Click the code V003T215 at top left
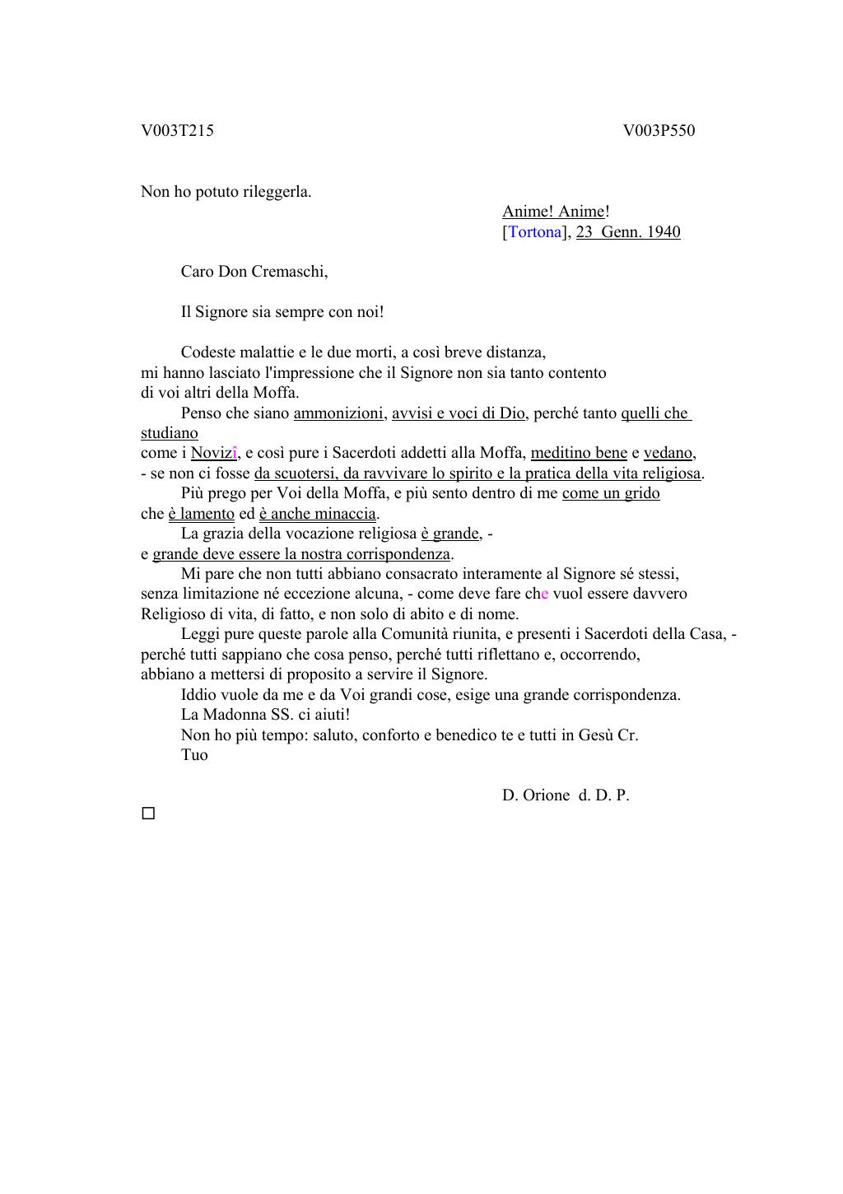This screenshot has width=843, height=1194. (177, 130)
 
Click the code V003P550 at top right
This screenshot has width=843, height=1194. (659, 130)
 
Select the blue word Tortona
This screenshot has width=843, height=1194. (535, 231)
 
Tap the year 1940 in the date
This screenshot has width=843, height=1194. (664, 231)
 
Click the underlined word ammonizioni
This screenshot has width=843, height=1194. (338, 413)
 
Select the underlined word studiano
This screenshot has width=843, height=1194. (170, 432)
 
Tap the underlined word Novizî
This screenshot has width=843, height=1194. (214, 452)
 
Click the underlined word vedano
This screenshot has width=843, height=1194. (668, 452)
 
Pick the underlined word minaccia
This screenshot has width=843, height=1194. (347, 513)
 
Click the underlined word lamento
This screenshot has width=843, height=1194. (207, 513)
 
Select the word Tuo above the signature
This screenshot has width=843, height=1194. (194, 754)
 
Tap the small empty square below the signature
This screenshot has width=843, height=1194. (148, 814)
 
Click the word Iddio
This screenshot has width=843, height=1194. (199, 694)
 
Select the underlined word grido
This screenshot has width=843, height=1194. (642, 493)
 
